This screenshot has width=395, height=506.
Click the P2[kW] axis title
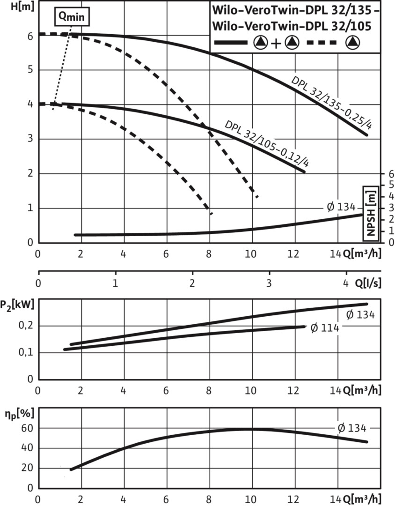(x=18, y=305)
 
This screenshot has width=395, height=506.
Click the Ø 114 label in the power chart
(x=324, y=327)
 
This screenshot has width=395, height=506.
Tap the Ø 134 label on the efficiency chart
(x=351, y=428)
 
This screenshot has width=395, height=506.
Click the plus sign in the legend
(x=276, y=44)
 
